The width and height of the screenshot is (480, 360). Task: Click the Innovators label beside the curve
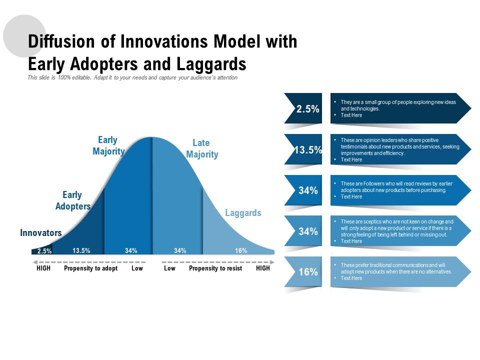40,232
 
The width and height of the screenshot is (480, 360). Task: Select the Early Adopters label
73,200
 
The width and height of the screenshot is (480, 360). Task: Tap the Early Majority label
108,145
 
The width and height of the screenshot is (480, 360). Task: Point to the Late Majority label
202,148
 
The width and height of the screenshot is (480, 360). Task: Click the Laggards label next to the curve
243,213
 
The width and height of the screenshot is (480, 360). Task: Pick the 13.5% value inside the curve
81,250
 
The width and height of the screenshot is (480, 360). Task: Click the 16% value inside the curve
241,250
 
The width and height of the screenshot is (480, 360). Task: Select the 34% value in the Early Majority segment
131,250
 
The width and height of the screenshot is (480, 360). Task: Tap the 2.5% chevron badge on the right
304,108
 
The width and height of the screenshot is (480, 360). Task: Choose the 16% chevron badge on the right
304,271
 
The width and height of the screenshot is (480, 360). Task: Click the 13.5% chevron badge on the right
304,149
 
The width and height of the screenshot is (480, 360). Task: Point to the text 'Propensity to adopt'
90,268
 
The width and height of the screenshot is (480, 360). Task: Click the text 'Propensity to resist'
215,268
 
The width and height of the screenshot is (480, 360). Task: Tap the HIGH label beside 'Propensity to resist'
263,268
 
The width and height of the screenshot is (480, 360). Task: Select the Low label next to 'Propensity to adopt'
137,268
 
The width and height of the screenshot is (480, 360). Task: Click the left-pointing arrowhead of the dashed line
35,262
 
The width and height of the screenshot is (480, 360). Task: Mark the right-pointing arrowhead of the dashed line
272,262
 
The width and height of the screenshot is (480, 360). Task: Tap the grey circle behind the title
24,36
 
